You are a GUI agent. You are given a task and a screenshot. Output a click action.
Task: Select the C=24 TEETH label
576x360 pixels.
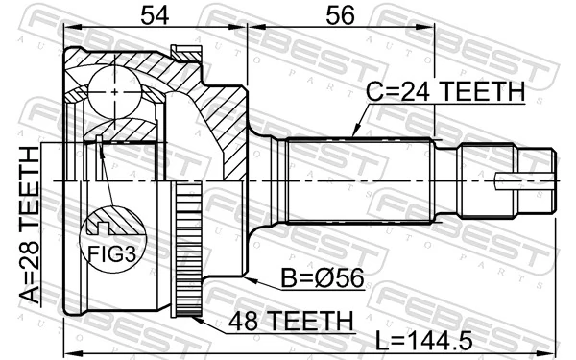pos(445,92)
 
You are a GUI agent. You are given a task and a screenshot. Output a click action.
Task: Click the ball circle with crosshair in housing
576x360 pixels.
pos(115,91)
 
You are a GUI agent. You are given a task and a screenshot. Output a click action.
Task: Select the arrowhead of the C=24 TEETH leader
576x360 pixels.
pos(352,134)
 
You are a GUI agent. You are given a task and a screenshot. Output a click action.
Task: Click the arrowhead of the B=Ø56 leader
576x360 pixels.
pos(246,277)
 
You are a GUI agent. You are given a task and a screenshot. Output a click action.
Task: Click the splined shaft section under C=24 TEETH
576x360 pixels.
pos(360,180)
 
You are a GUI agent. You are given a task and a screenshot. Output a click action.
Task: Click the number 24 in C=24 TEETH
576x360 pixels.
pos(410,92)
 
